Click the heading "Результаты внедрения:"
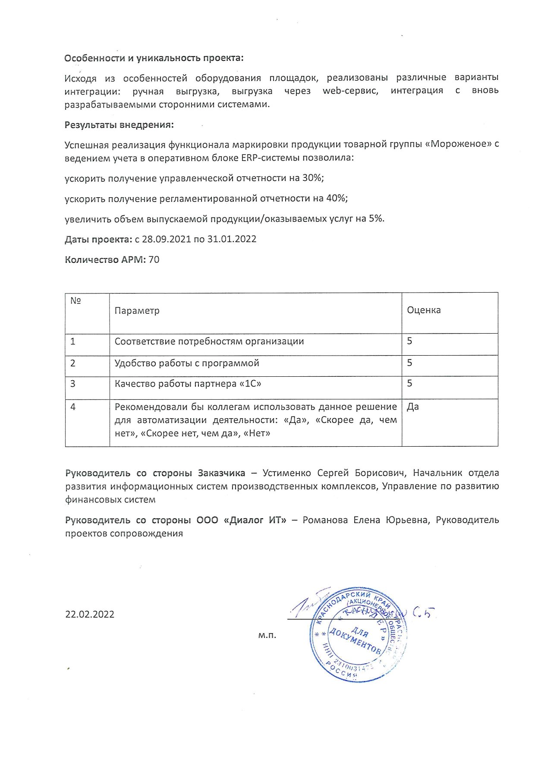[119, 125]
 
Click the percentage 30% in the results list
[313, 178]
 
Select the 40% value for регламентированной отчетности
[337, 198]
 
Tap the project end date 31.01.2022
[232, 239]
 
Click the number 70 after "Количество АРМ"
[154, 260]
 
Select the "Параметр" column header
[137, 311]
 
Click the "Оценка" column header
[424, 310]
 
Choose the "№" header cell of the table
[76, 301]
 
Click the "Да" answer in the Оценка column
[413, 407]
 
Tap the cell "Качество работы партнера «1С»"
[188, 384]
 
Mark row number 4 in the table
[73, 407]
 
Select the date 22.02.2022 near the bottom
[90, 615]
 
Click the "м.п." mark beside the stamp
[267, 635]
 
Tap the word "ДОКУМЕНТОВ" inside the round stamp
[355, 642]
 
